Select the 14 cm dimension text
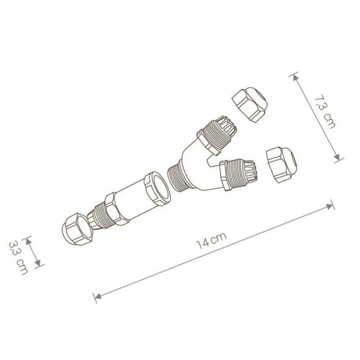pos(207,244)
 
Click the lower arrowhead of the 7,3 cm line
pos(337,160)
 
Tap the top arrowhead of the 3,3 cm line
pos(38,238)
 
